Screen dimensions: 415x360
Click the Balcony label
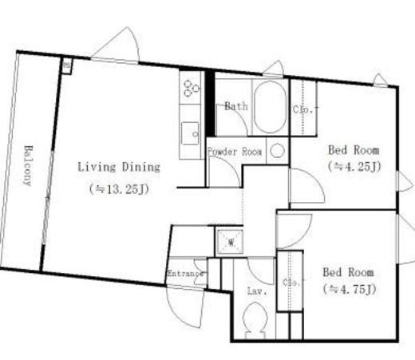(28, 165)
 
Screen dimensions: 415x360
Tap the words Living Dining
(119, 168)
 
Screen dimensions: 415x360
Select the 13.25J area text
(119, 189)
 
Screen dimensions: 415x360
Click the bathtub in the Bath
(270, 107)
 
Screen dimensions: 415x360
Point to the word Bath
(236, 106)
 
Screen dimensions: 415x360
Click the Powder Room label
(235, 152)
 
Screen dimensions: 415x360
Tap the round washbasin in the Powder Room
(278, 151)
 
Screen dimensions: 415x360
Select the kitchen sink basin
(190, 133)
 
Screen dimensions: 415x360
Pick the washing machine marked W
(231, 242)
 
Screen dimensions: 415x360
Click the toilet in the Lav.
(255, 320)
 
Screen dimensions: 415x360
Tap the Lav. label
(257, 291)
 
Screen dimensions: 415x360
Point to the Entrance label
(186, 274)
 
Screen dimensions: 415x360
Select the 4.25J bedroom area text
(354, 167)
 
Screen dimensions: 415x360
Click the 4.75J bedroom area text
(350, 289)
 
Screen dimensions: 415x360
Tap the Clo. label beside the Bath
(302, 109)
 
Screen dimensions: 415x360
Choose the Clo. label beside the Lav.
(291, 283)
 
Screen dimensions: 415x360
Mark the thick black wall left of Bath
(210, 103)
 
